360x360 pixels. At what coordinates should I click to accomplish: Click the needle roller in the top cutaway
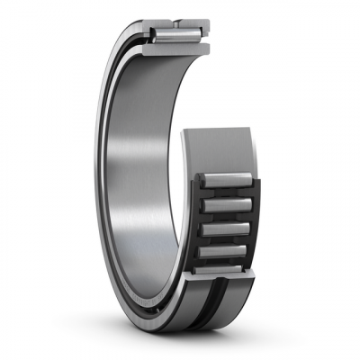[x=173, y=35]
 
